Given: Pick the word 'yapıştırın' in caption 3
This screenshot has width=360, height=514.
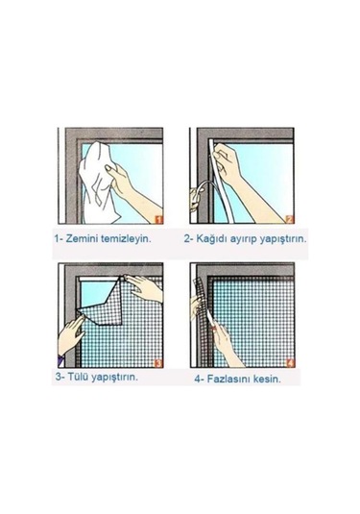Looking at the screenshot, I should [x=120, y=377].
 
